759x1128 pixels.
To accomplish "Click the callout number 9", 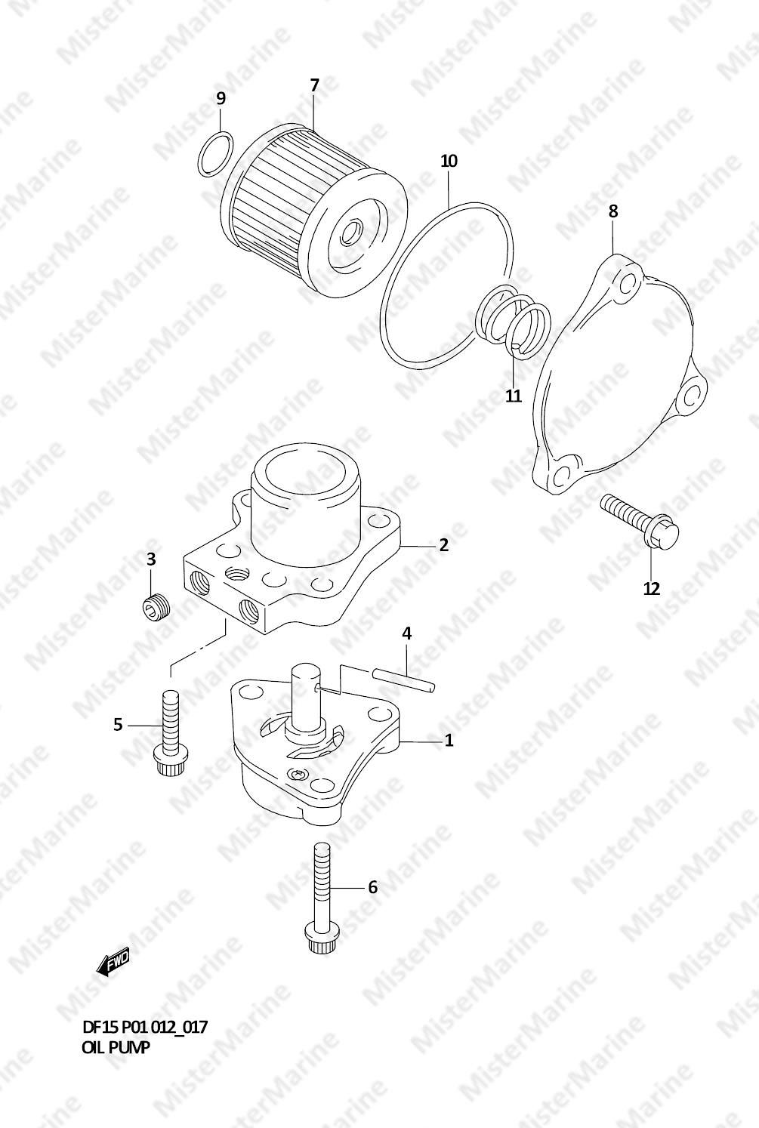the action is tap(221, 98).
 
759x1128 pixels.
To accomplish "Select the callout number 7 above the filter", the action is tap(314, 85).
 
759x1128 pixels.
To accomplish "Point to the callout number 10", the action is tap(449, 161).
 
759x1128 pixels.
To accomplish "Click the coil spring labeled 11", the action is tap(514, 322).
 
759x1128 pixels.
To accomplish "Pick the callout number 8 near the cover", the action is tap(612, 211).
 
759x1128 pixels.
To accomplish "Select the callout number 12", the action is tap(652, 588).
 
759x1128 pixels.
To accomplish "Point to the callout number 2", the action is tap(443, 545).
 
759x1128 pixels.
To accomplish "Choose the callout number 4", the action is tap(406, 633).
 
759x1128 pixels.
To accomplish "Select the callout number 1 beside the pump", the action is tap(449, 740).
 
